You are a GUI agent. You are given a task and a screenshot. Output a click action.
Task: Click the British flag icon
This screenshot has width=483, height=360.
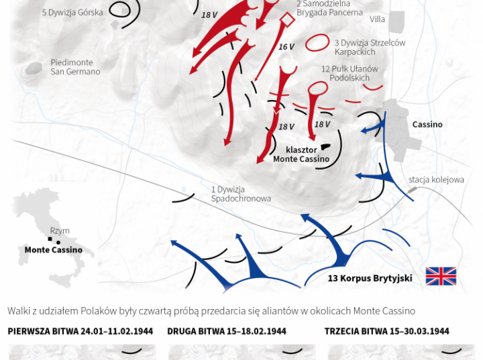point(441,276)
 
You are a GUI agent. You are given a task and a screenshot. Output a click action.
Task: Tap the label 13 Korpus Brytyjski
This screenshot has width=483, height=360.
point(370,278)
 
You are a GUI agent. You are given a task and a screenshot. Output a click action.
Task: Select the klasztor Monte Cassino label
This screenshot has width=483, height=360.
point(301,154)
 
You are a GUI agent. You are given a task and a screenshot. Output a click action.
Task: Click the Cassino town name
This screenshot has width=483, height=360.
point(427,125)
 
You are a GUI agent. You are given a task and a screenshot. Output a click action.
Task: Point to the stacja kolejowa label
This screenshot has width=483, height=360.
point(436,180)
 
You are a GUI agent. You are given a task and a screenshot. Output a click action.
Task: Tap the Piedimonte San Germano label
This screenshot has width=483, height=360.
point(75,67)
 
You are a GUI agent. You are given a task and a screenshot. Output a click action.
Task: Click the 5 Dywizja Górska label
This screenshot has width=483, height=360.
point(72,13)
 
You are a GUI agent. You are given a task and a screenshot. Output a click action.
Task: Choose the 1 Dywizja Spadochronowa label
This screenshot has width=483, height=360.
point(241,194)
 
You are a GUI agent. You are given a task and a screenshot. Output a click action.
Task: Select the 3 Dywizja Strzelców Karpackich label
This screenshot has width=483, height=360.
point(370,47)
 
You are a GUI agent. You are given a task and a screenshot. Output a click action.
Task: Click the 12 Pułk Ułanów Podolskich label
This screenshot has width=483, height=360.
point(350,73)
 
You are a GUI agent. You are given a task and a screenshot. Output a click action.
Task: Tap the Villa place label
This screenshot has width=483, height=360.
point(377,19)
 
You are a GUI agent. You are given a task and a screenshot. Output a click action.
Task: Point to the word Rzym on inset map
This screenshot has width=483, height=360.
point(60,231)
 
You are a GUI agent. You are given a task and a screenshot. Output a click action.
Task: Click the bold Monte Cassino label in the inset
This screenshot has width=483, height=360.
point(54,250)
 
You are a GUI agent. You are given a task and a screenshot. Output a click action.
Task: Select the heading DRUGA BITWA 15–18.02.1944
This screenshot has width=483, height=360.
point(227,331)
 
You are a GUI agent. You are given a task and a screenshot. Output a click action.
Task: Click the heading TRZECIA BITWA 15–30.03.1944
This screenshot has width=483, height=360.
point(387,331)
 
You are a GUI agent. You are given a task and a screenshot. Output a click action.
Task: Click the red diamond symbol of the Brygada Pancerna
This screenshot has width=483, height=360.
point(286,20)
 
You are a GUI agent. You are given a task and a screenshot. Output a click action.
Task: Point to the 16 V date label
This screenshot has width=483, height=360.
point(286,47)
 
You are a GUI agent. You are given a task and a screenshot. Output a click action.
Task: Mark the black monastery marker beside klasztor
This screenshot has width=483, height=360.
point(325,147)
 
